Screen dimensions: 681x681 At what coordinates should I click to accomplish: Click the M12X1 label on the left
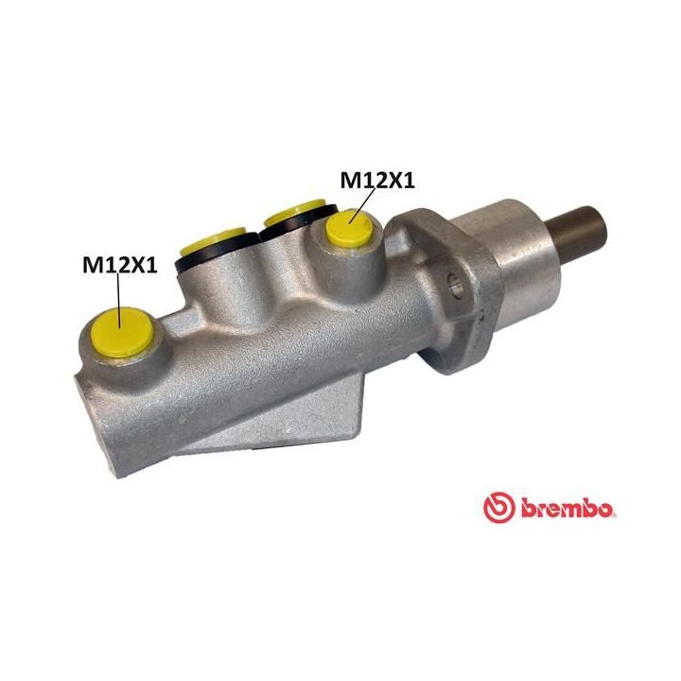tap(118, 265)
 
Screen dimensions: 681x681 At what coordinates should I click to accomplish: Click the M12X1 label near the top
tap(376, 180)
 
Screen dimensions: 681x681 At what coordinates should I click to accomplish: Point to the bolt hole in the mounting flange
tap(454, 281)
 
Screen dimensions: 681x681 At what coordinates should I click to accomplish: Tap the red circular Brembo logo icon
tap(498, 508)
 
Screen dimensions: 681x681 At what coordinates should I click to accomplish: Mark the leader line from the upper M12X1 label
tap(363, 205)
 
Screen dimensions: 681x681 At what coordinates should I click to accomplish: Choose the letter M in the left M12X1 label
tap(92, 265)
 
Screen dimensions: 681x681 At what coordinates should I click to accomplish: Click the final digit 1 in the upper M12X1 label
tap(409, 180)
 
